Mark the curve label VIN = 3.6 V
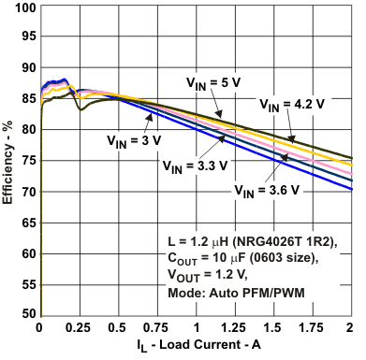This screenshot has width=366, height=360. tap(266, 191)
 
